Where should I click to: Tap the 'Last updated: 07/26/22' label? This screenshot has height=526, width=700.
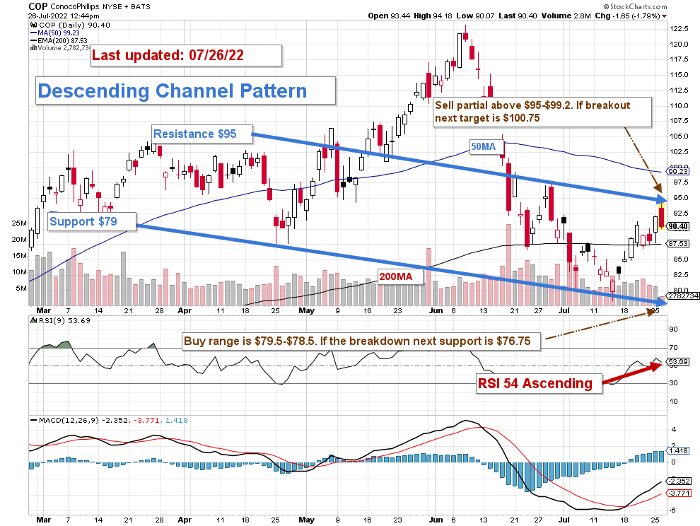click(x=187, y=56)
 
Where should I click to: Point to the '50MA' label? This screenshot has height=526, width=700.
click(x=487, y=146)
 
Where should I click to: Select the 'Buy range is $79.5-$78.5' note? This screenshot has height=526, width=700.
click(x=361, y=341)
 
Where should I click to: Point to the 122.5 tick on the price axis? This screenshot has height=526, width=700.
click(x=679, y=29)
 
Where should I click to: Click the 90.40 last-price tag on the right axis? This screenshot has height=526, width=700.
click(x=679, y=226)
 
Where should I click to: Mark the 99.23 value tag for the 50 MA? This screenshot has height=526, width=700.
click(x=679, y=171)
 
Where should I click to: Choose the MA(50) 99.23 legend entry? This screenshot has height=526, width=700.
click(x=59, y=33)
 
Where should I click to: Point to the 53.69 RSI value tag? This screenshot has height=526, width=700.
click(x=679, y=362)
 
